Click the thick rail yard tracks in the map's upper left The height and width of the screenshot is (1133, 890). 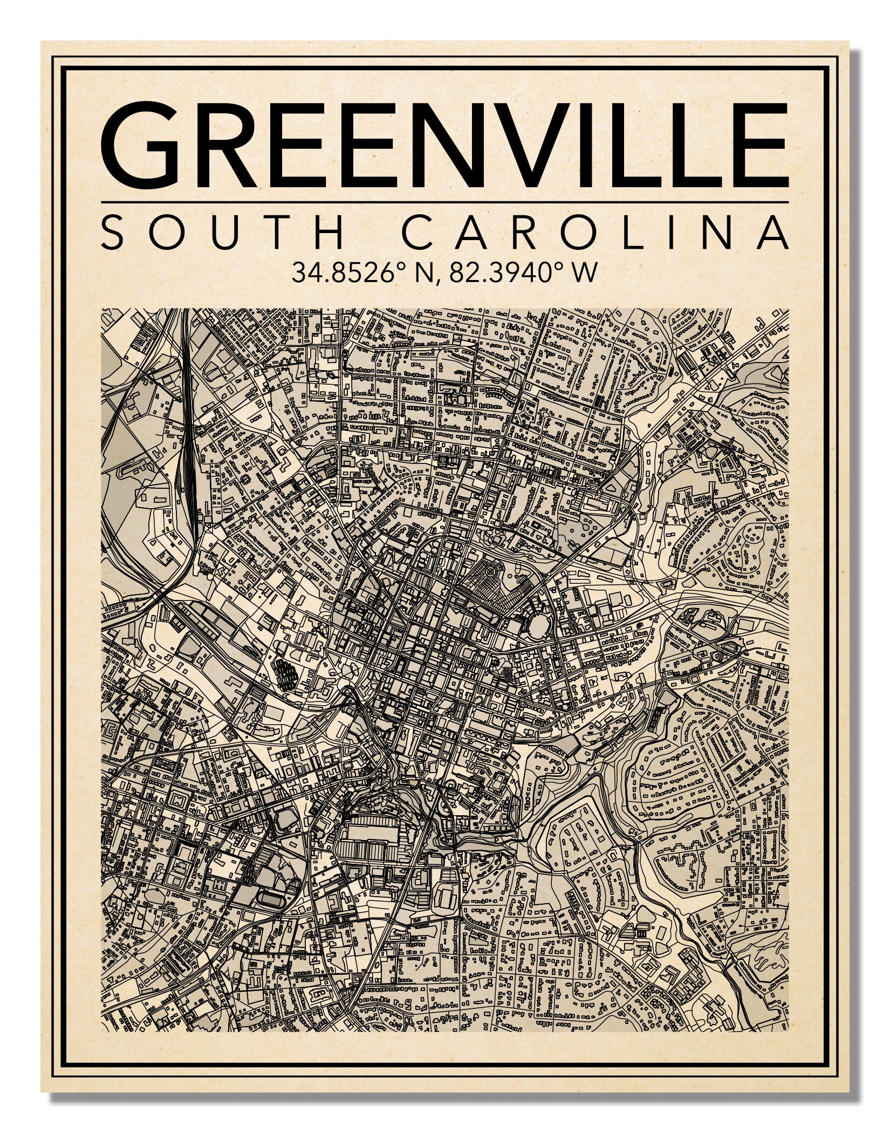click(189, 459)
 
